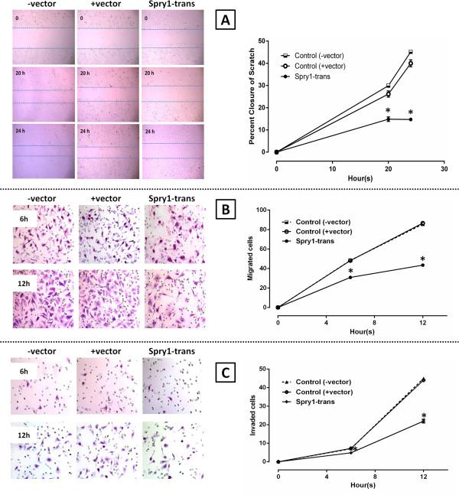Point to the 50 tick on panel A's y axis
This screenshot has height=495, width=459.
click(x=262, y=41)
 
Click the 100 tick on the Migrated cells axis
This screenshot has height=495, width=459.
click(x=260, y=210)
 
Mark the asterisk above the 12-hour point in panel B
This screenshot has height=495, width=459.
click(x=422, y=258)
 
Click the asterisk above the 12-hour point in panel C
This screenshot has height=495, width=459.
click(x=423, y=416)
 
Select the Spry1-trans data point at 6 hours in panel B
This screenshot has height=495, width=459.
click(x=350, y=277)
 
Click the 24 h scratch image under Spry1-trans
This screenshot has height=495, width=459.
click(x=173, y=151)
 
